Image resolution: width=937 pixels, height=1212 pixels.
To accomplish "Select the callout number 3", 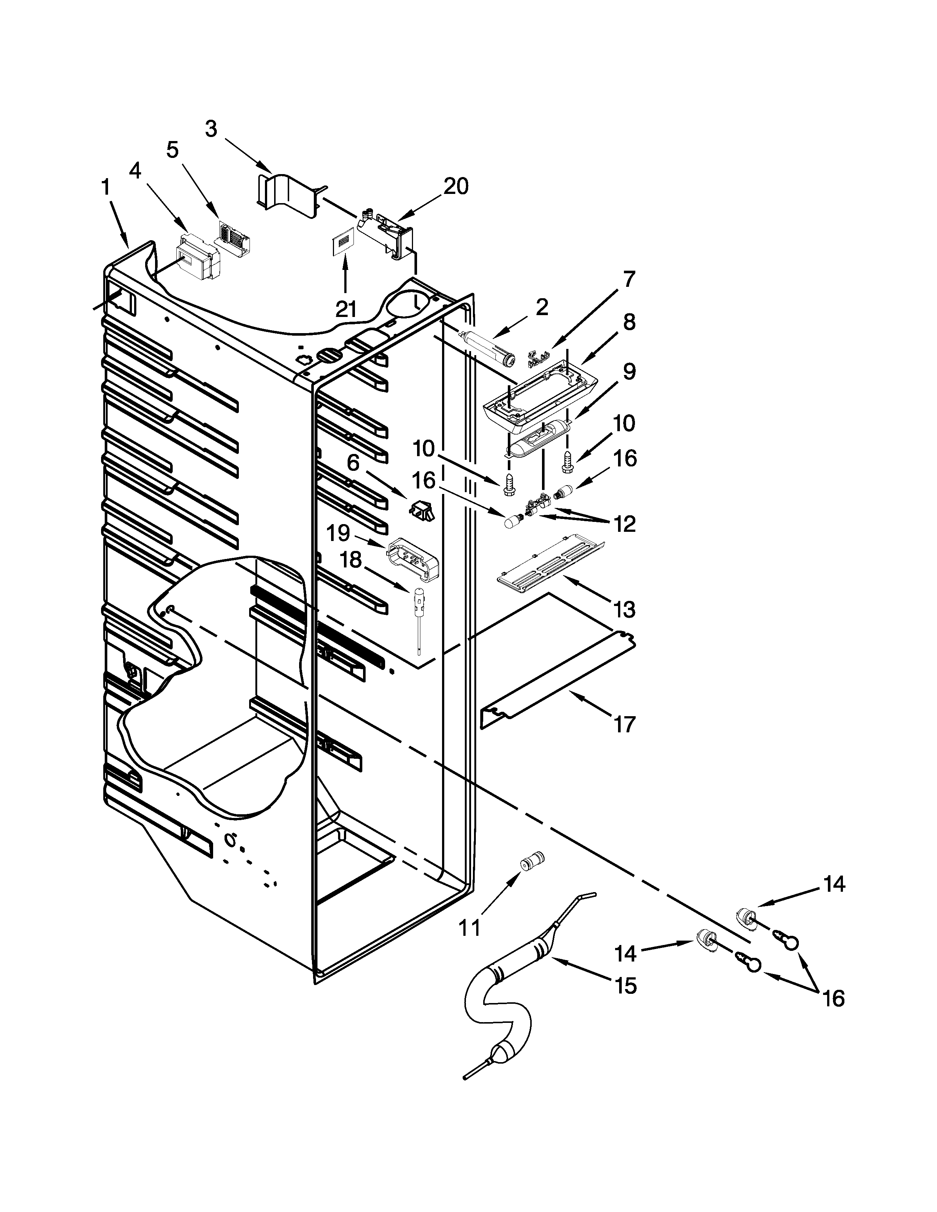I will tap(211, 129).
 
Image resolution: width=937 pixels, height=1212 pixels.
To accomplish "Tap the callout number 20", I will tap(455, 187).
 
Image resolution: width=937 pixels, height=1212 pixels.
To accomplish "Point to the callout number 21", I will tap(345, 309).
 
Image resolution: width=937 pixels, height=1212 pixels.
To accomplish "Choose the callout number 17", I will tap(624, 724).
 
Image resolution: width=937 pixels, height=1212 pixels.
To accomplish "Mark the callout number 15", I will tap(626, 986).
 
